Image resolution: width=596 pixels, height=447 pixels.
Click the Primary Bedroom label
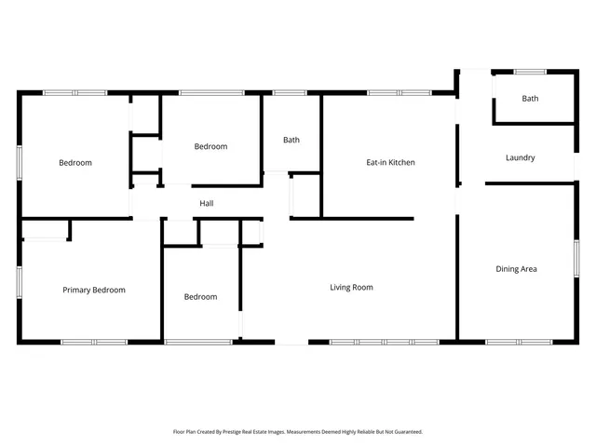click(94, 290)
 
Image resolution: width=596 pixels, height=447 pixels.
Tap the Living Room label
click(351, 287)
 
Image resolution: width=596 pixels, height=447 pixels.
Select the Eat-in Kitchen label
click(390, 162)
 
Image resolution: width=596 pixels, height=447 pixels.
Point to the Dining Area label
click(516, 269)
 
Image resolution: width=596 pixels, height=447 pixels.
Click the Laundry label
click(520, 157)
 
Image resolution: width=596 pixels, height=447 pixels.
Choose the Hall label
click(207, 203)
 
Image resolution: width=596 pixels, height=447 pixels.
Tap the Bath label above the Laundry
click(530, 98)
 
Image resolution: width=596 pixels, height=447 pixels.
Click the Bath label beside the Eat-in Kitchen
click(291, 140)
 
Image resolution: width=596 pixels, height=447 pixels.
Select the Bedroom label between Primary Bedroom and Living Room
click(200, 297)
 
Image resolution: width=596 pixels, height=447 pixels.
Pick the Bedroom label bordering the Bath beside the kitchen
click(210, 146)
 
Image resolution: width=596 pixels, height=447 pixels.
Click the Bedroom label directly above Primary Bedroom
click(75, 163)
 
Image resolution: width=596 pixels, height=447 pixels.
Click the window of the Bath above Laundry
click(530, 72)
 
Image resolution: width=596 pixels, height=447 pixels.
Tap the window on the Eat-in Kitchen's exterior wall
click(398, 92)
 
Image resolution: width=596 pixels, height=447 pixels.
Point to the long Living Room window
click(384, 342)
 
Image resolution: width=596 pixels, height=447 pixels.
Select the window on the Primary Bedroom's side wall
click(19, 281)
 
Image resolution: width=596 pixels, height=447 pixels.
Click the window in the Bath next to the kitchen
click(290, 92)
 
